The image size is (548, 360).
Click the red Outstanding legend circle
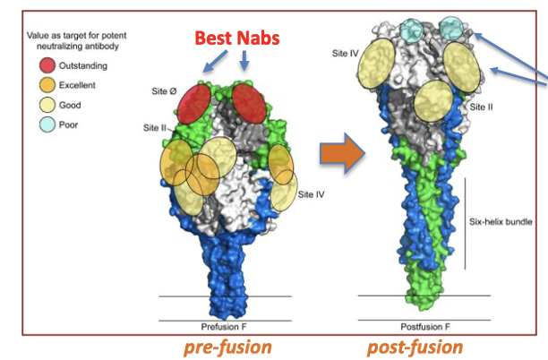point(47,65)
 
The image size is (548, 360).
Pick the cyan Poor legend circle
point(47,124)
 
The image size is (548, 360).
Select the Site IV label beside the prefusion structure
point(312,193)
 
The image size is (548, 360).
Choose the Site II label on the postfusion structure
point(482,106)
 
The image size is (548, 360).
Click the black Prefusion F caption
point(226,327)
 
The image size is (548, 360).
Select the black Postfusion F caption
point(424,327)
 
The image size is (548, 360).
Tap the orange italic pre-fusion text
point(224,347)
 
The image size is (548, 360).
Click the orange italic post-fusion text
point(415,347)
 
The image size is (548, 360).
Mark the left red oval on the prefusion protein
point(194,105)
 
